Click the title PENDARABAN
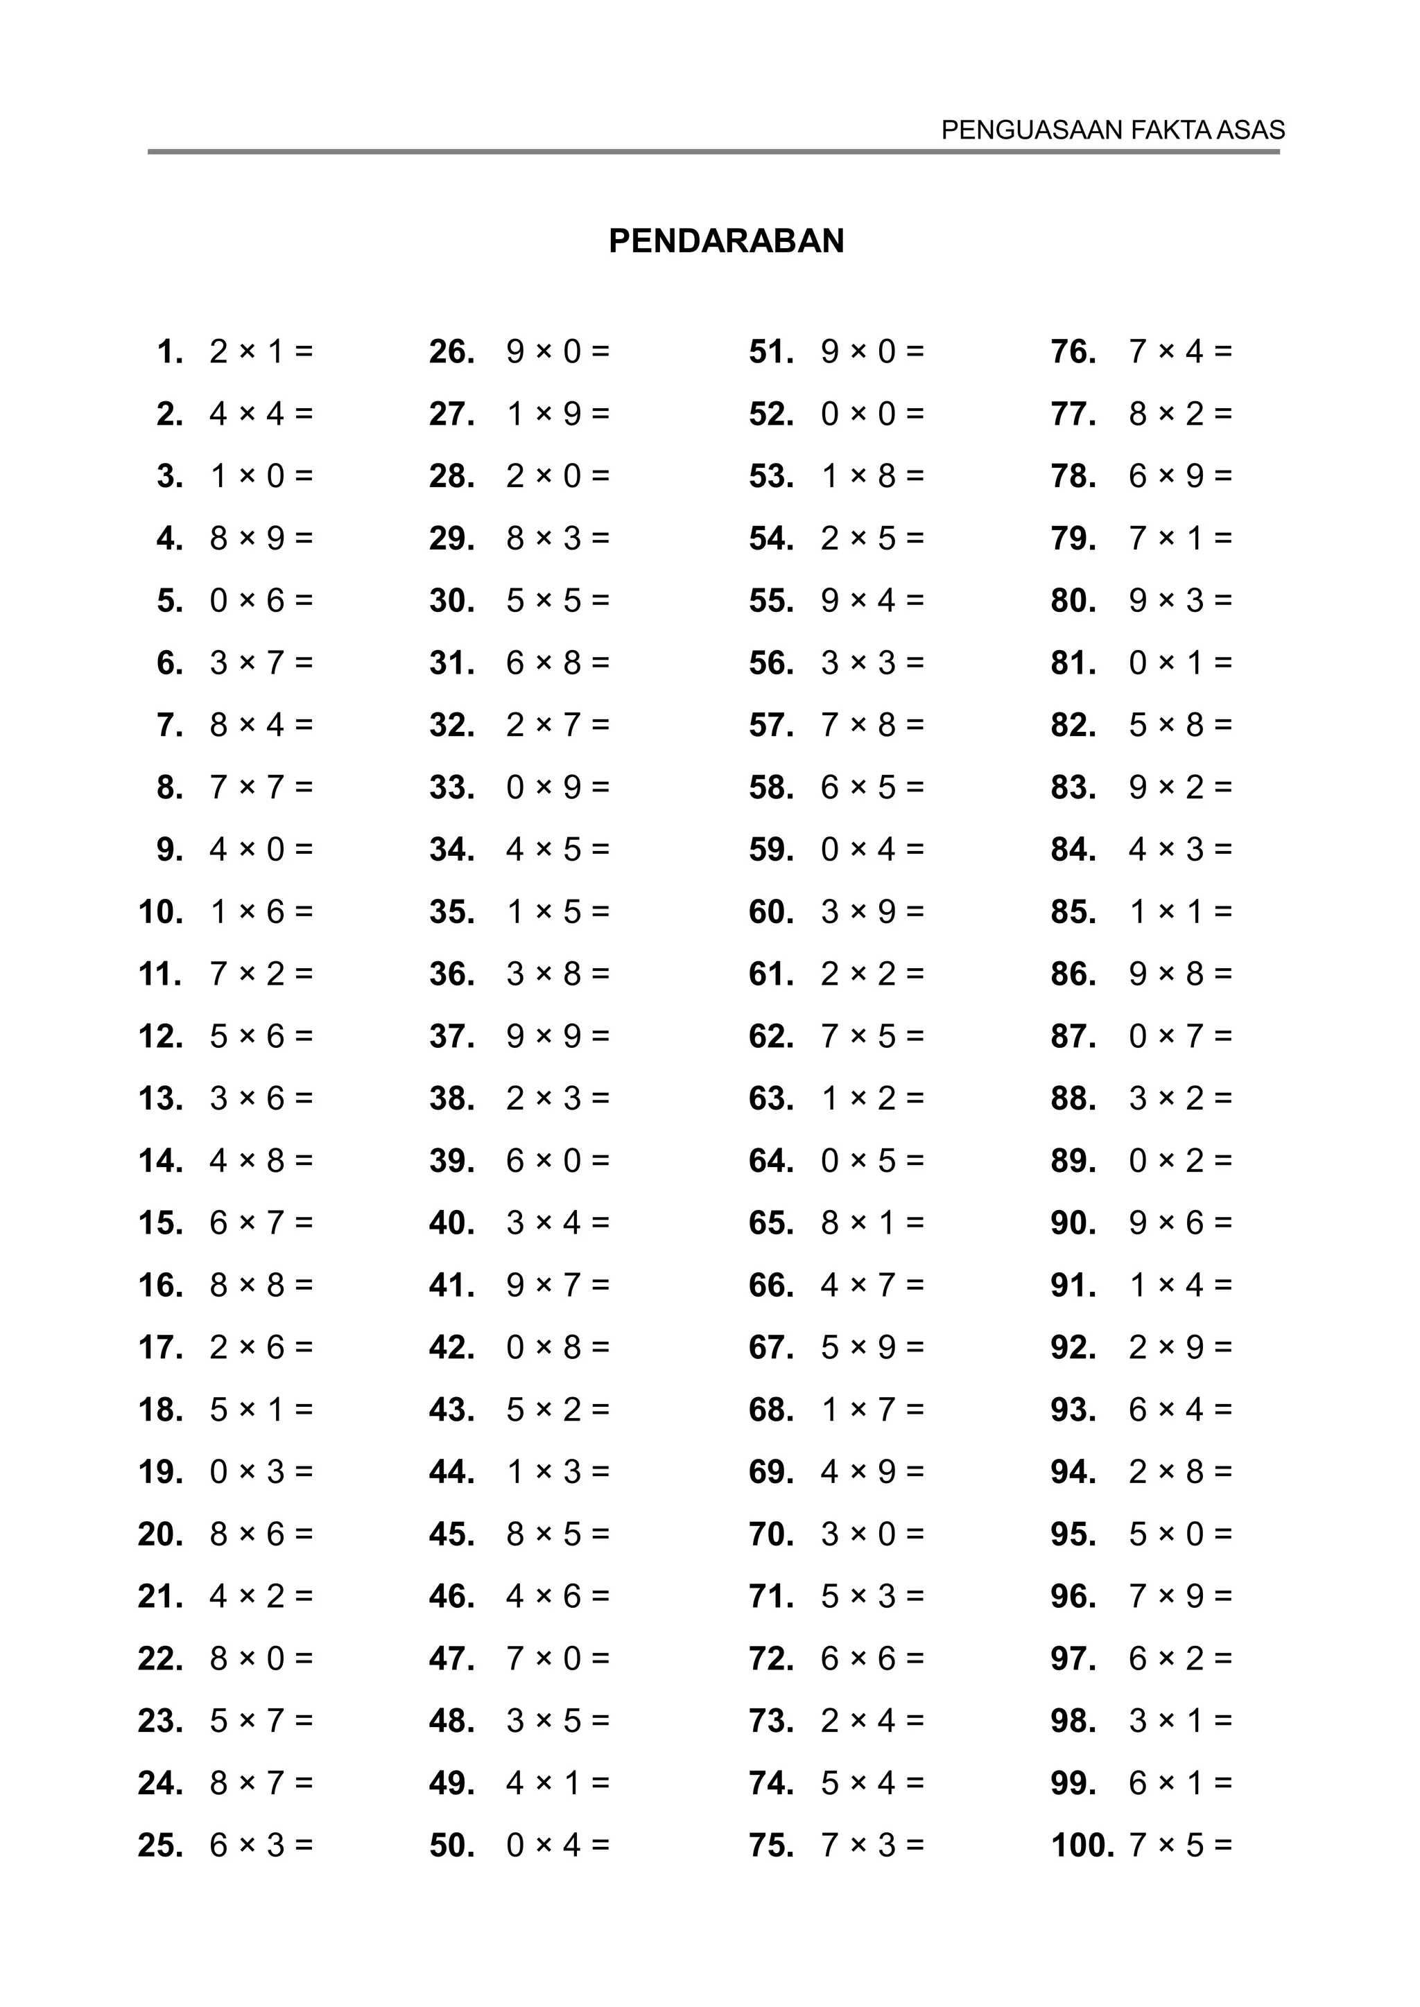726,241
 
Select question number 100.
1082,1846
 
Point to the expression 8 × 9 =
261,538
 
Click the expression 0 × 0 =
872,414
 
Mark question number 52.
771,414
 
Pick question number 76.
1073,352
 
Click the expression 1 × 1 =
1179,913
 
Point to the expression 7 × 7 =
261,787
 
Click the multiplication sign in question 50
544,1846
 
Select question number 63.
771,1098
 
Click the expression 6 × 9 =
1179,476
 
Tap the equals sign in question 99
1223,1783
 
